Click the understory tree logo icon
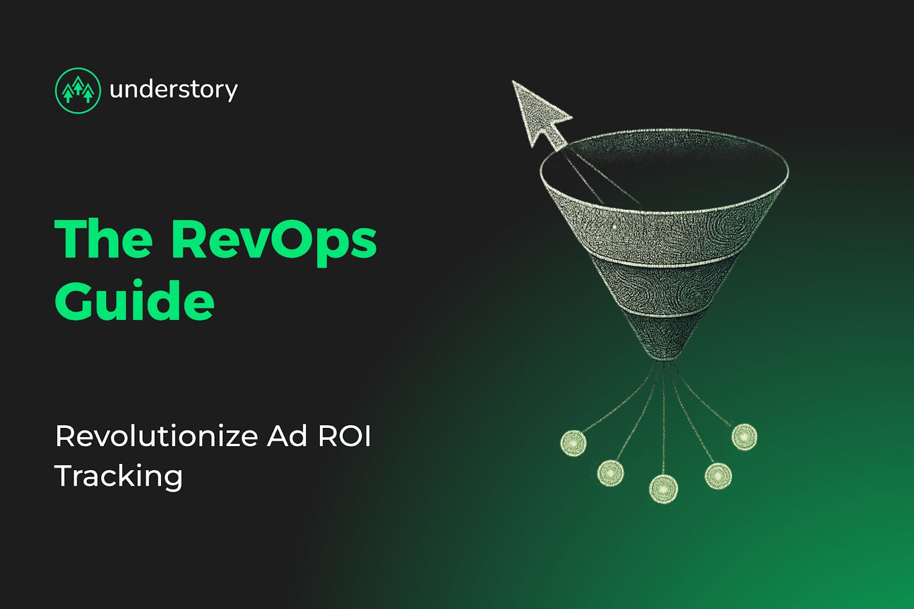click(78, 90)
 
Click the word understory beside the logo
click(173, 90)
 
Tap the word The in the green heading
click(103, 239)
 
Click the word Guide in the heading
click(134, 300)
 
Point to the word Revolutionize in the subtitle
click(157, 436)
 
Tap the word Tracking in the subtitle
click(119, 476)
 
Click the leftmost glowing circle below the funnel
click(573, 443)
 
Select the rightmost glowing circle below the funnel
click(744, 437)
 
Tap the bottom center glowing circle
click(663, 489)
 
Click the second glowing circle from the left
click(611, 472)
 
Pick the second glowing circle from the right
click(717, 475)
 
